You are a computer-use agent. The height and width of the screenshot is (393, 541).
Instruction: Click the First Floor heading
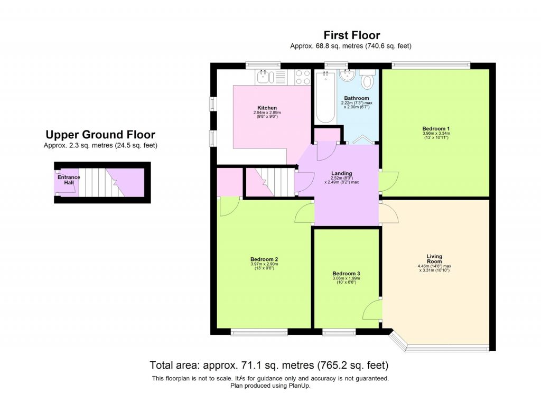coord(351,35)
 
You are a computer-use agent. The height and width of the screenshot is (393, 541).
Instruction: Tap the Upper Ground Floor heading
coord(100,135)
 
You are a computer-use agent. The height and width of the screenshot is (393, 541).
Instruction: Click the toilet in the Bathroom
coord(367,80)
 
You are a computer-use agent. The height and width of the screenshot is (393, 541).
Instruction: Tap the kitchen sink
coord(264,78)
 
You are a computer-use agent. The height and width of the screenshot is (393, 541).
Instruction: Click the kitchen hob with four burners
coord(303,78)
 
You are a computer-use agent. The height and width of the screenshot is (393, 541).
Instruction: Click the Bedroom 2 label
coord(264,259)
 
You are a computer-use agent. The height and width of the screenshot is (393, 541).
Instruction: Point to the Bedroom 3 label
coord(346,273)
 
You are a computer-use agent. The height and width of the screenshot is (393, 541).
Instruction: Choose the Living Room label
coord(434,259)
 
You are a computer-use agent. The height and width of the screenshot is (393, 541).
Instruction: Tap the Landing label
coord(341,173)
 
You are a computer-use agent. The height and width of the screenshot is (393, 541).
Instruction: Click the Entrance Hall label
coord(69,180)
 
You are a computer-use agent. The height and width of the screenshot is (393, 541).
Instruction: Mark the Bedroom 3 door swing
coord(372,309)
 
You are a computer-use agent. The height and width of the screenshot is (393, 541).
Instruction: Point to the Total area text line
coord(269,365)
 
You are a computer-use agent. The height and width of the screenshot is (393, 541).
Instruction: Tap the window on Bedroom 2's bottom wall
coord(259,332)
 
